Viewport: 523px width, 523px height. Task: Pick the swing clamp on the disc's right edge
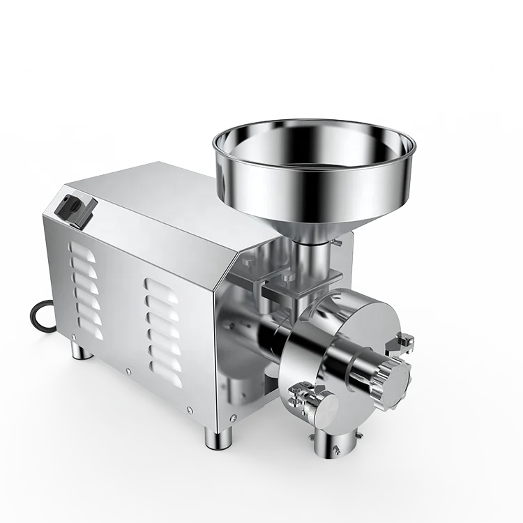pos(403,342)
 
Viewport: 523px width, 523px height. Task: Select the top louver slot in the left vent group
pos(82,251)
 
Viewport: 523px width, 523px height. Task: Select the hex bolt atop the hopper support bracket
pos(286,280)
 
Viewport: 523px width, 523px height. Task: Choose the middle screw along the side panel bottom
pos(128,372)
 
